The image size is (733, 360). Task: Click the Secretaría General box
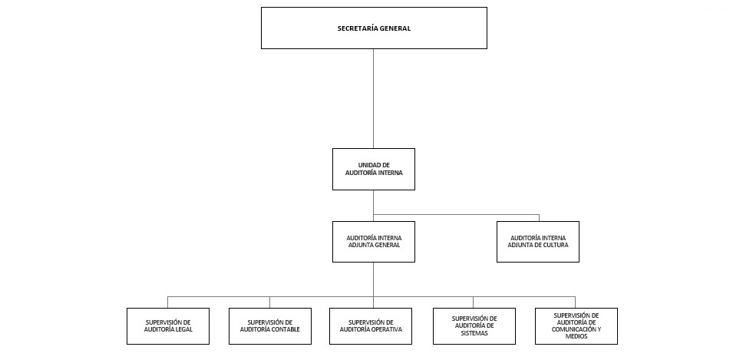(374, 28)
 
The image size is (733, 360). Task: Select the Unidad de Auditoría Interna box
(374, 169)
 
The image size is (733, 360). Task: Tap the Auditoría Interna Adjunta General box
(374, 242)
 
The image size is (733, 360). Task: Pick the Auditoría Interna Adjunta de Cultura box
(537, 242)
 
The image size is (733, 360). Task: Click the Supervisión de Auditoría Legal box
(168, 326)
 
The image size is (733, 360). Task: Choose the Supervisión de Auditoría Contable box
(269, 326)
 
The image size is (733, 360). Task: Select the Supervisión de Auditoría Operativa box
(371, 326)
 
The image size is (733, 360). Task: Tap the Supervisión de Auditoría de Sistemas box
(474, 326)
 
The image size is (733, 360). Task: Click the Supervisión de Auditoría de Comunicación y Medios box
(576, 326)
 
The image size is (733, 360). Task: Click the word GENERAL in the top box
(396, 28)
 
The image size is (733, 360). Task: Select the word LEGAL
(183, 329)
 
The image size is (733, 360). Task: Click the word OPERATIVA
(385, 329)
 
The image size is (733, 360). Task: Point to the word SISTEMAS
(474, 333)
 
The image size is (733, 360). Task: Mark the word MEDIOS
(576, 336)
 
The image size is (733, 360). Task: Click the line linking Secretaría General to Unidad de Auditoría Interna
(374, 99)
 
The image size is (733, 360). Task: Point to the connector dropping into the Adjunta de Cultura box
(539, 218)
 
